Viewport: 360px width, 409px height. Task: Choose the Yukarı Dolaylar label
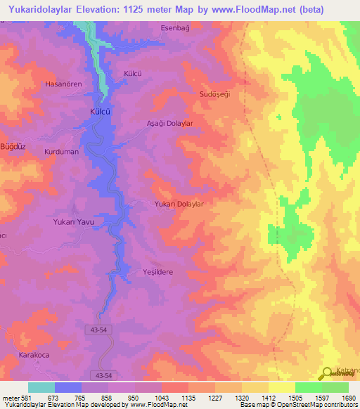click(179, 204)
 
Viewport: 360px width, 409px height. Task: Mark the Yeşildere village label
click(157, 272)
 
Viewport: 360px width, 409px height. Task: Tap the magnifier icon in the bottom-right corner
click(327, 374)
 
